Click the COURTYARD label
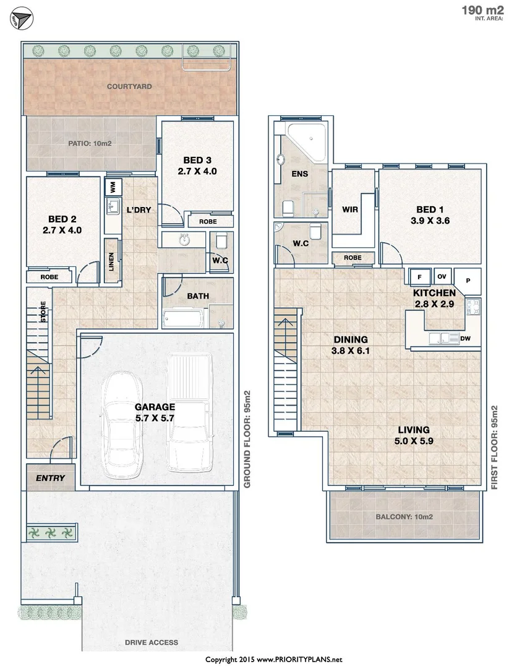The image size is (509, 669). click(x=129, y=87)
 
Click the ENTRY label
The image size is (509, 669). click(x=50, y=478)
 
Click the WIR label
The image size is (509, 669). click(x=350, y=209)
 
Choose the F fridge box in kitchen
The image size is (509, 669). click(x=419, y=276)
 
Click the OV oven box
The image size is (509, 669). click(x=442, y=276)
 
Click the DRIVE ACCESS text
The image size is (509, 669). click(x=151, y=642)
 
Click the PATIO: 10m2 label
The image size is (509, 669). click(x=90, y=144)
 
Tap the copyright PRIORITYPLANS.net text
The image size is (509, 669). click(x=273, y=659)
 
